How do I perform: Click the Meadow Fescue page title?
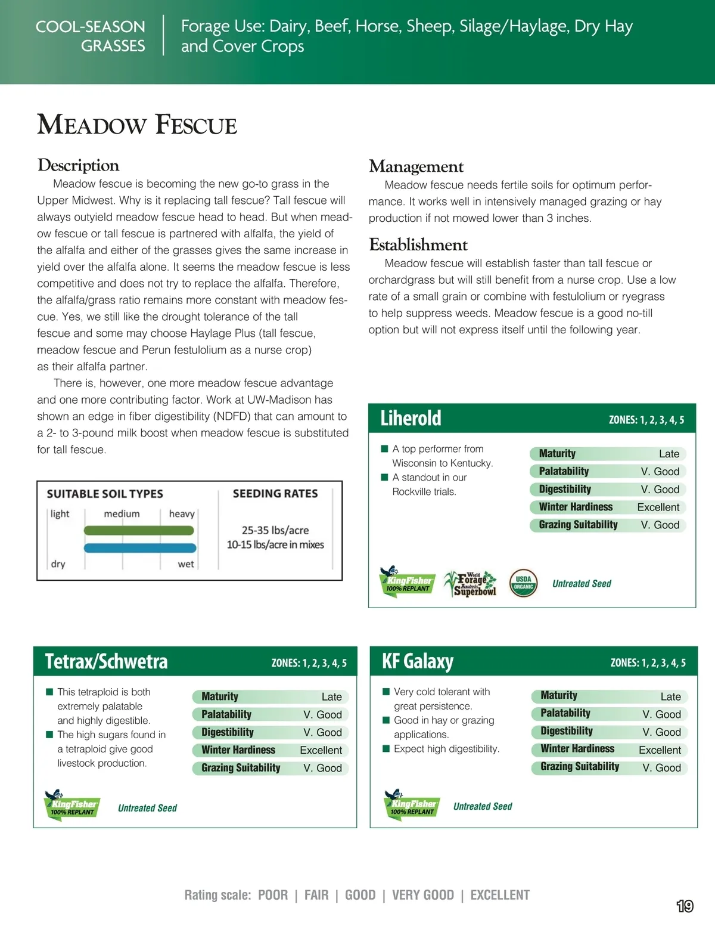click(x=137, y=125)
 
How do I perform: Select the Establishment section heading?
click(x=418, y=244)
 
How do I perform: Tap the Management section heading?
click(x=416, y=166)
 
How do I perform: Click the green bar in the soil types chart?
click(x=139, y=530)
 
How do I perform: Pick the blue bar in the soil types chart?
click(x=139, y=548)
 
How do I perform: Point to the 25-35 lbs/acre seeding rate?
click(x=275, y=530)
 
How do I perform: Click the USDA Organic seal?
click(x=523, y=583)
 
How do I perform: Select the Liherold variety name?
click(x=411, y=418)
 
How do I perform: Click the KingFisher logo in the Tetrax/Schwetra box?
click(x=72, y=805)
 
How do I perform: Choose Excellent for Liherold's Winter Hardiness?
click(x=658, y=507)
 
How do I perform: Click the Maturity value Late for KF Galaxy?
click(x=670, y=696)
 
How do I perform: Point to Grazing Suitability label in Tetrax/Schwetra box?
click(x=241, y=768)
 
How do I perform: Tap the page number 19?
click(x=685, y=906)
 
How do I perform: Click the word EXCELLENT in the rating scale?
click(x=500, y=895)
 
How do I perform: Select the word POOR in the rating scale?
click(x=273, y=895)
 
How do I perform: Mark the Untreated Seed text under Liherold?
click(x=582, y=584)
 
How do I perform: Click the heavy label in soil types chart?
click(x=182, y=513)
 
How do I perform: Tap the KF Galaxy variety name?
click(x=418, y=661)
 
